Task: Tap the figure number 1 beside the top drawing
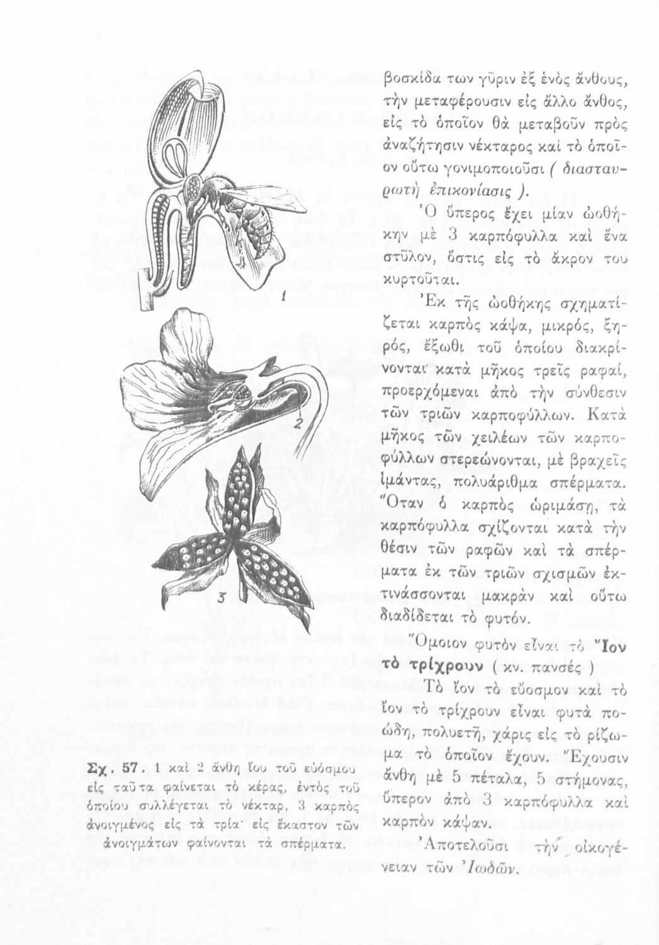pyautogui.click(x=284, y=295)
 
